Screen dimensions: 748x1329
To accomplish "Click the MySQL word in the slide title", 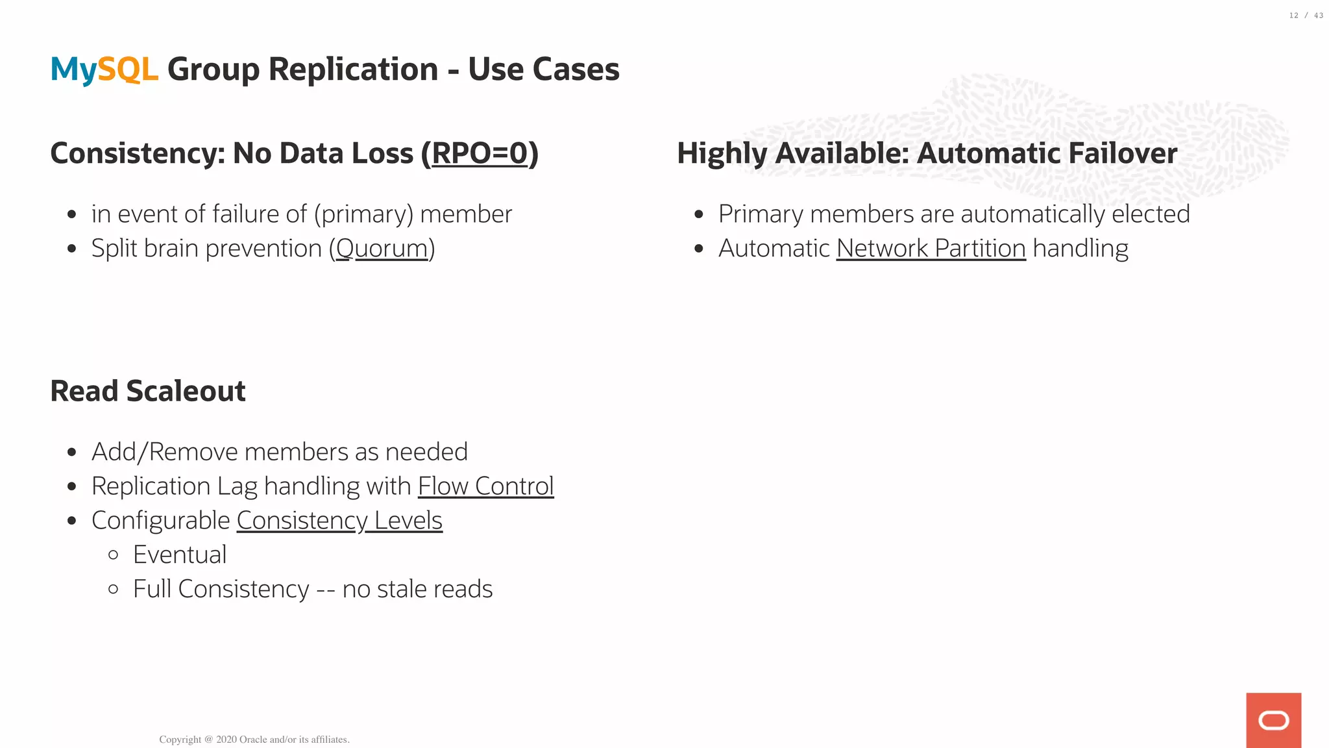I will click(x=104, y=69).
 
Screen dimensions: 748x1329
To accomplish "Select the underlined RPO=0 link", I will click(x=480, y=154).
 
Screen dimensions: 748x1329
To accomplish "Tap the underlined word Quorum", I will click(x=382, y=249).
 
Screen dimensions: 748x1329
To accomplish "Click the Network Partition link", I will click(x=931, y=249).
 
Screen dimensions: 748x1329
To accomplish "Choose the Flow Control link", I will click(x=485, y=486).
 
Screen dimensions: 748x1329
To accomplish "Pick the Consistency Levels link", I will click(x=339, y=521).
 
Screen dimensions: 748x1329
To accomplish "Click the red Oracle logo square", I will click(x=1273, y=720).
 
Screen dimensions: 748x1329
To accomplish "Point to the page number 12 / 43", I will click(x=1306, y=16).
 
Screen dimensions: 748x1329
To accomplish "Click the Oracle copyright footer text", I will click(x=254, y=740).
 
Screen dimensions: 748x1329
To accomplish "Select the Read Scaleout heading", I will click(x=148, y=392).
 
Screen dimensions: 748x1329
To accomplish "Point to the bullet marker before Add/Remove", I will click(x=72, y=453).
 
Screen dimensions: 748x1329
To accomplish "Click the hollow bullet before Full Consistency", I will click(x=114, y=590).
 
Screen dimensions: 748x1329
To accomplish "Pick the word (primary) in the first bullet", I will click(x=363, y=214).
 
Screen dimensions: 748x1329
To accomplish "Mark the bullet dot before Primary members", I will click(x=699, y=214).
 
